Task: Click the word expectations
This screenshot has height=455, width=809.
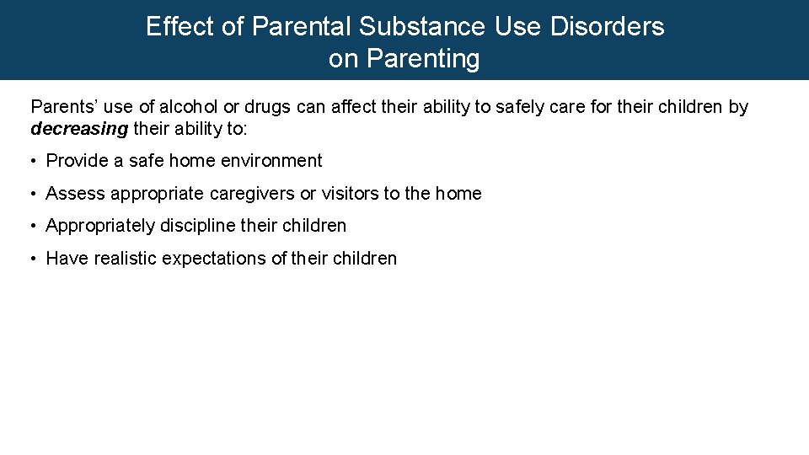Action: tap(214, 259)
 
